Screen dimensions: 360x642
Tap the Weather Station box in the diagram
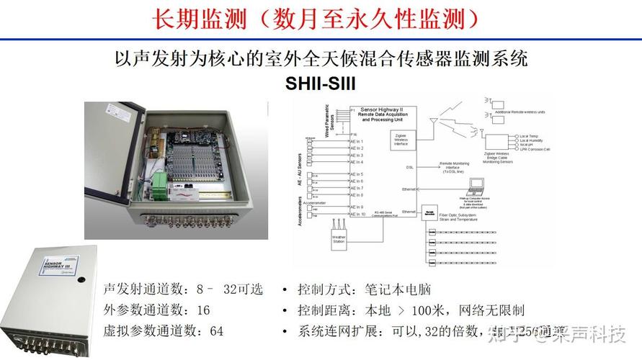tap(339, 240)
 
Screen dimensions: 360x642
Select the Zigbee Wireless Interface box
tap(401, 139)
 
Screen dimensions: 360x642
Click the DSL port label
tap(409, 166)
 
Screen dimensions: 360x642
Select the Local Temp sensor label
tap(529, 135)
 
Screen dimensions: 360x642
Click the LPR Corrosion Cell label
tap(534, 148)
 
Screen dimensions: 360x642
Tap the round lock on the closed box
tap(81, 279)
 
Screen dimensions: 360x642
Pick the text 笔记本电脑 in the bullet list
tap(405, 289)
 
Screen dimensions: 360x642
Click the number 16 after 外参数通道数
tap(203, 310)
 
